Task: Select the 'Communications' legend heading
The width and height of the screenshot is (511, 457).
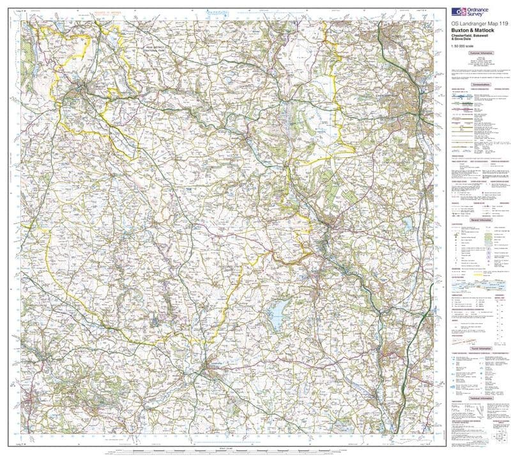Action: [x=480, y=84]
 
